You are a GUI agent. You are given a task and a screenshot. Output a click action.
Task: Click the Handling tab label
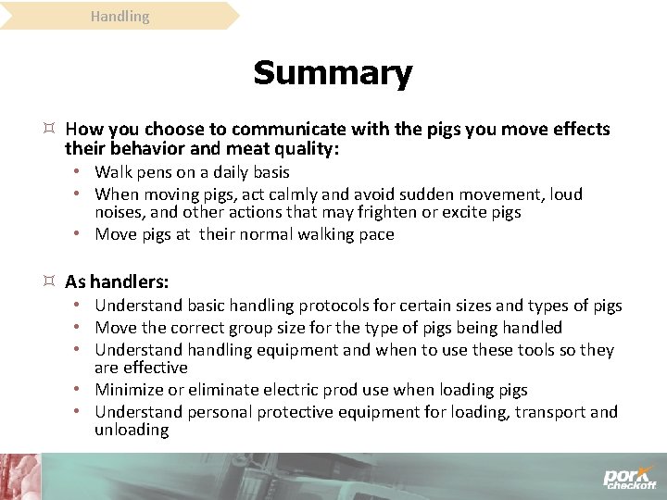(120, 16)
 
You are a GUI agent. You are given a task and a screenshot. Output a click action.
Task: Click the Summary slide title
(333, 73)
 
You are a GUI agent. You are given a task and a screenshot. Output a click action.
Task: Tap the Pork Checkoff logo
(629, 477)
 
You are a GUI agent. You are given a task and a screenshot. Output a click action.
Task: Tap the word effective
(155, 368)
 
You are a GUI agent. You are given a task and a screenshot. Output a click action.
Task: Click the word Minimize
(130, 390)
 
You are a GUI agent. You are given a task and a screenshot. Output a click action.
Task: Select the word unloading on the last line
(132, 430)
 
